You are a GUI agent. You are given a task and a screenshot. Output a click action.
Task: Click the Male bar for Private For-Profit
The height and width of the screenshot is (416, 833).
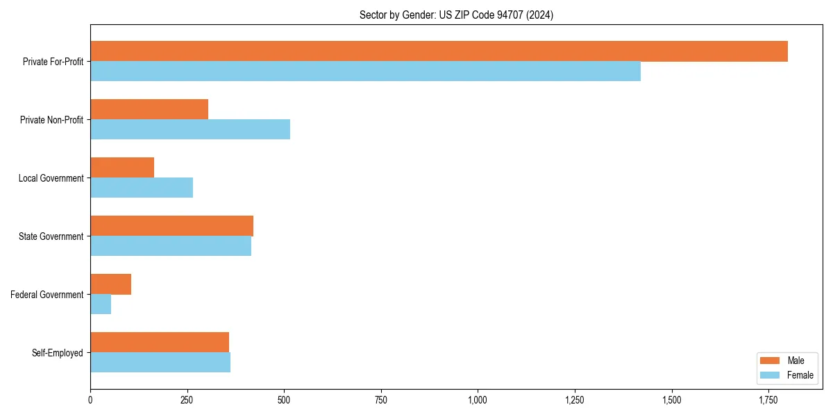439,51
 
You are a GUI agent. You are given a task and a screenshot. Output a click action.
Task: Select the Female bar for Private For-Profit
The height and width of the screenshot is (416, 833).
365,71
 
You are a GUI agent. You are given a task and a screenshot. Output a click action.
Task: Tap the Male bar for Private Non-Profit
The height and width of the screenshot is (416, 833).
149,110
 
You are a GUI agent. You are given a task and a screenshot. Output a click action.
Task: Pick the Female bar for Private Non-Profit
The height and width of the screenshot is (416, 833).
190,130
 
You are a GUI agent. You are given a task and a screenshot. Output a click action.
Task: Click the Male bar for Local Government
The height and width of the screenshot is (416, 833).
122,168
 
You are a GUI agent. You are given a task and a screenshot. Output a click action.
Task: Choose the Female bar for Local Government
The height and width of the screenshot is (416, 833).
142,188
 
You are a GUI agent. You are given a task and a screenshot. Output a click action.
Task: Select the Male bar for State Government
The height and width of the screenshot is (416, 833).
171,226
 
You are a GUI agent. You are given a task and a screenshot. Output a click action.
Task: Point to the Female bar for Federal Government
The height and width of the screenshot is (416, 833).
101,304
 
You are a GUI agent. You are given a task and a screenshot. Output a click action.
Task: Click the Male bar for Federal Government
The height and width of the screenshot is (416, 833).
110,284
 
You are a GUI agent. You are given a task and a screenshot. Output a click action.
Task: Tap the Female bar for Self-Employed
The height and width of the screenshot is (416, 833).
160,363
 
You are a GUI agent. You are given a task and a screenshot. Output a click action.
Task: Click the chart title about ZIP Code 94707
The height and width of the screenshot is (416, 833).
456,15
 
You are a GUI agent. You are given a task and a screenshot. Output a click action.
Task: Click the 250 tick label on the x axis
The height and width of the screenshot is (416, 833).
187,400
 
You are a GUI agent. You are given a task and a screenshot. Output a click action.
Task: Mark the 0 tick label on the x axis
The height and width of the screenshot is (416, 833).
90,400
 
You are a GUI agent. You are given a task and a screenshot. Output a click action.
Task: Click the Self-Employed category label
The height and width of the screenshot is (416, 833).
58,353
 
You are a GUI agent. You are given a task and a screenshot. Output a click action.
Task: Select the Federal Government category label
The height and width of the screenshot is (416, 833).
47,295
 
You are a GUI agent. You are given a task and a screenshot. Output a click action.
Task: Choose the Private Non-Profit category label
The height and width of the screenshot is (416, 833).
52,120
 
